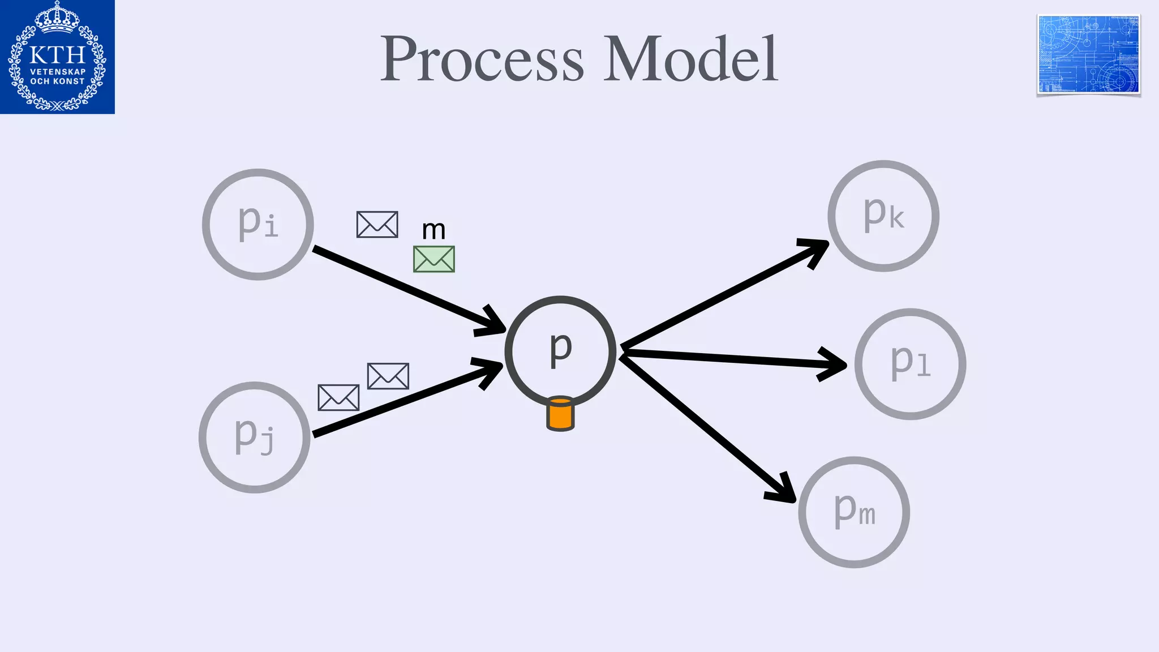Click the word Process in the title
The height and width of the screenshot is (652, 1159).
tap(482, 59)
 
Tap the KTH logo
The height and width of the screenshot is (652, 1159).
tap(57, 57)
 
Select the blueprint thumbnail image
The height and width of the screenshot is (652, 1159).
tap(1088, 54)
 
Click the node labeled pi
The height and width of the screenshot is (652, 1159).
tap(258, 224)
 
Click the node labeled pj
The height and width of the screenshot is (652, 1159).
tap(255, 437)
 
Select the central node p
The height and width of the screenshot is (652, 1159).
tap(560, 351)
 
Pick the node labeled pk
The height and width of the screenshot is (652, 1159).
tap(883, 216)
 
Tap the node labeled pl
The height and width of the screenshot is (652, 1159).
tap(910, 364)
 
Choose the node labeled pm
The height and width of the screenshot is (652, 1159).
tap(854, 512)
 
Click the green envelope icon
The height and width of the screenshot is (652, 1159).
tap(434, 259)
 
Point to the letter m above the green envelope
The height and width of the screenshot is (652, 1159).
tap(434, 230)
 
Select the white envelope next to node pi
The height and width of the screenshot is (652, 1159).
tap(377, 225)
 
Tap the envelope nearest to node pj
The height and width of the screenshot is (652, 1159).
tap(338, 397)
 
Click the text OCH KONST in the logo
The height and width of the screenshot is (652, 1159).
tap(57, 81)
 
